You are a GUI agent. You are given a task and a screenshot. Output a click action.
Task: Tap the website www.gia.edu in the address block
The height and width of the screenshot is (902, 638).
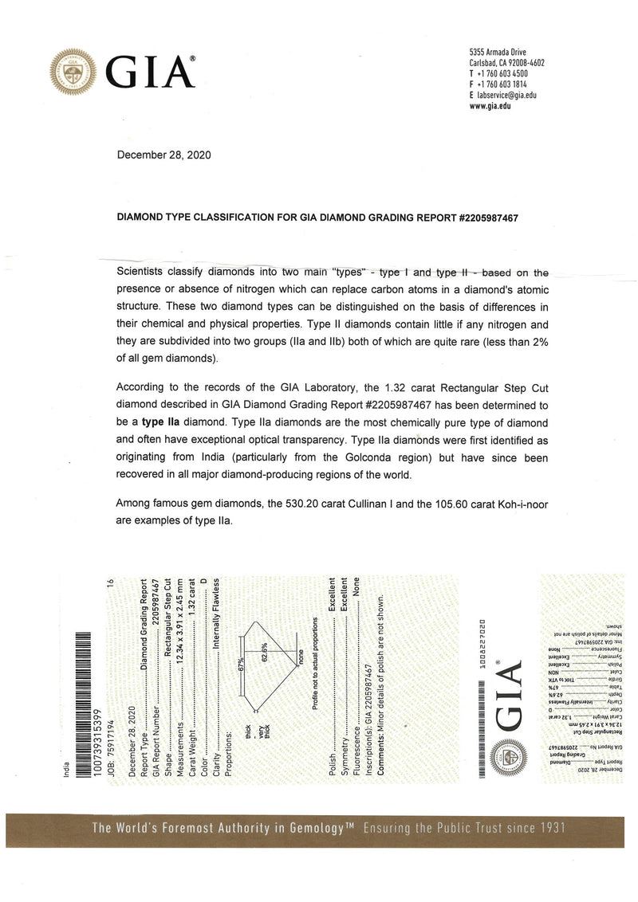[490, 106]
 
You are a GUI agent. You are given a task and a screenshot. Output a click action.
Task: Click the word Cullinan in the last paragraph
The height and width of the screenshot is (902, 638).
[352, 504]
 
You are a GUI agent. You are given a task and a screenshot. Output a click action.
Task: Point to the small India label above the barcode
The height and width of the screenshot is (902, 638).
[66, 770]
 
